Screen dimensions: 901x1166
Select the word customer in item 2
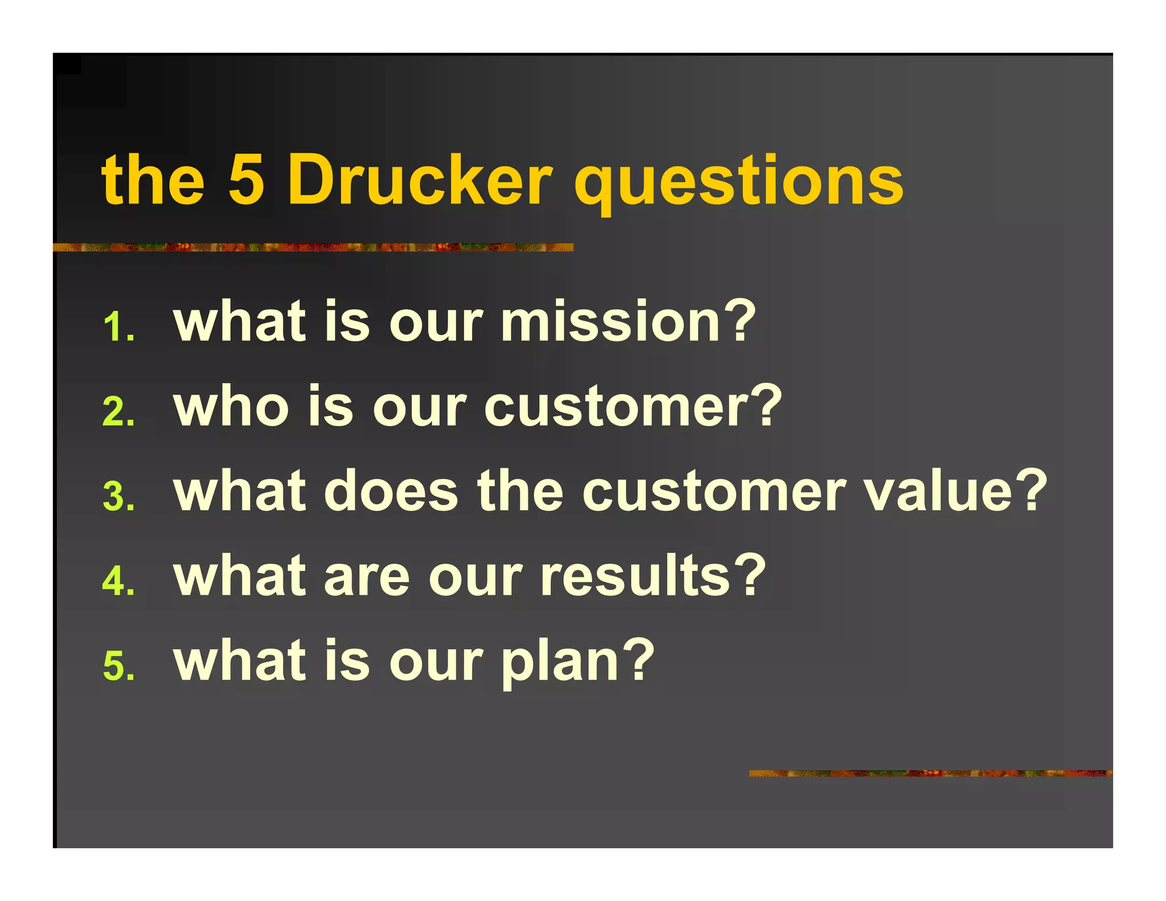coord(616,407)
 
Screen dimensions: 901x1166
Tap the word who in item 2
coord(231,407)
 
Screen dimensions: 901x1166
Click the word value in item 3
coord(937,491)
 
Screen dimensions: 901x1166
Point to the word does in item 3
coord(391,491)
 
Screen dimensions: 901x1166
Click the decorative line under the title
coord(313,247)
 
